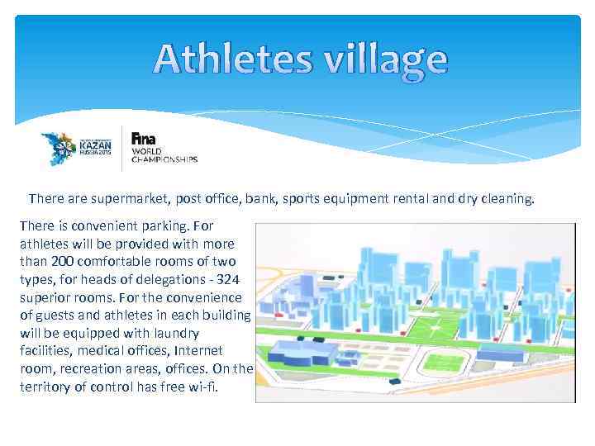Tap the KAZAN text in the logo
point(94,143)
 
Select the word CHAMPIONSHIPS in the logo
point(164,160)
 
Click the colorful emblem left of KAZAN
point(59,147)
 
